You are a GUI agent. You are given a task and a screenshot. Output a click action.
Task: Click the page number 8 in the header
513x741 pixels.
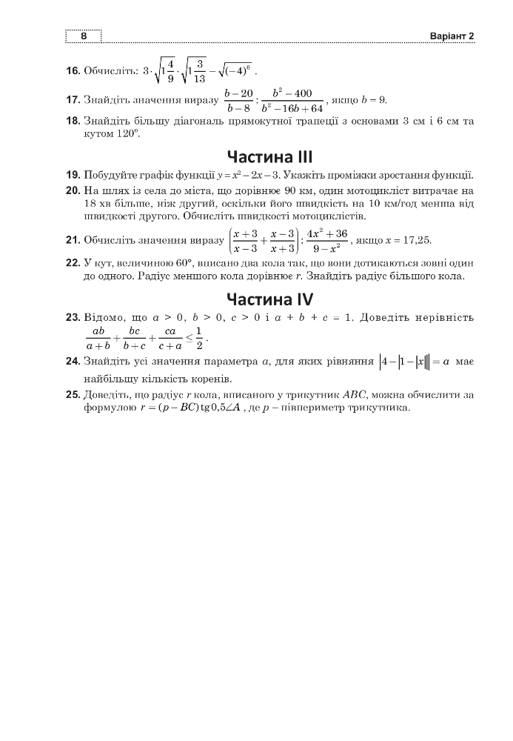tap(84, 36)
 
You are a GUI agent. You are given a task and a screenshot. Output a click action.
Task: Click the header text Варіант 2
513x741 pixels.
tap(451, 36)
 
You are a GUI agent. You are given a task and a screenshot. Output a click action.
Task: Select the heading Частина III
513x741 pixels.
tap(269, 156)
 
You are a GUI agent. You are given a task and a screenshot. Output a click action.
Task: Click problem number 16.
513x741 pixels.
tap(73, 71)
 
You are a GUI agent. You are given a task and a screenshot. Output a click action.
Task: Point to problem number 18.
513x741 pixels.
tap(73, 121)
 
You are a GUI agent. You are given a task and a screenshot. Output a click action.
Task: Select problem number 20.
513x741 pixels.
tap(73, 191)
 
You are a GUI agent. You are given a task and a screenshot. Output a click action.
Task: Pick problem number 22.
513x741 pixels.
tap(73, 263)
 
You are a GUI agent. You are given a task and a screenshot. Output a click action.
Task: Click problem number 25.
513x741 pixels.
tap(73, 395)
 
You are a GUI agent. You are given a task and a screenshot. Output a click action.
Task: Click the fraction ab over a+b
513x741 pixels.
tap(97, 338)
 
